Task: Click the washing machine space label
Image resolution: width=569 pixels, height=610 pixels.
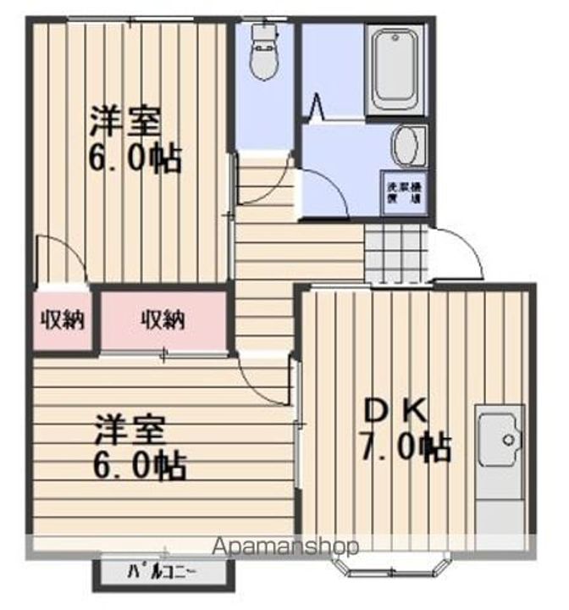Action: click(x=403, y=192)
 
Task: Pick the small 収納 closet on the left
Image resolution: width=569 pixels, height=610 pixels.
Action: click(x=62, y=320)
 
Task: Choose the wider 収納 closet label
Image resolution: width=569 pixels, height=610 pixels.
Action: click(x=163, y=320)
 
